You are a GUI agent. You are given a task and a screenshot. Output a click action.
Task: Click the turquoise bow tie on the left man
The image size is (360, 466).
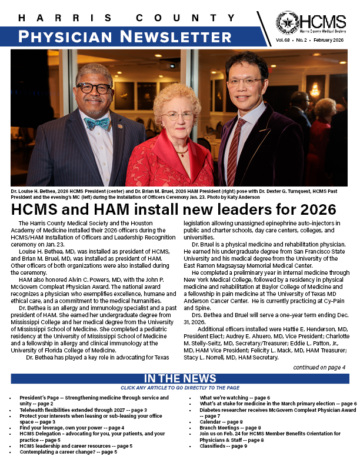pyautogui.click(x=96, y=124)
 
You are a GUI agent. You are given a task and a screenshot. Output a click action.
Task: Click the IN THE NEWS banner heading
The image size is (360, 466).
pyautogui.click(x=180, y=378)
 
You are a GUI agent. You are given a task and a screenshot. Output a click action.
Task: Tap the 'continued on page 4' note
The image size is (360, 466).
pyautogui.click(x=319, y=367)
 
